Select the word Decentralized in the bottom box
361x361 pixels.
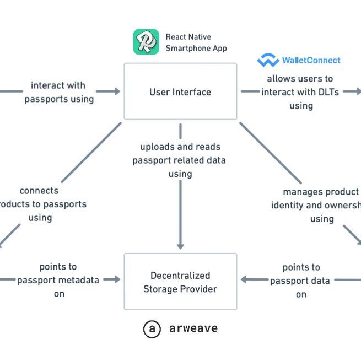coord(180,275)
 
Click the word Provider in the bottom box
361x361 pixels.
coord(197,288)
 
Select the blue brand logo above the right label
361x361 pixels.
coord(300,60)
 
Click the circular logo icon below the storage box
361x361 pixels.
coord(150,329)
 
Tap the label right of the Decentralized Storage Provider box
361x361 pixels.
coord(301,280)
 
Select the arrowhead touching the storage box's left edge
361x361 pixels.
coord(118,280)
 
